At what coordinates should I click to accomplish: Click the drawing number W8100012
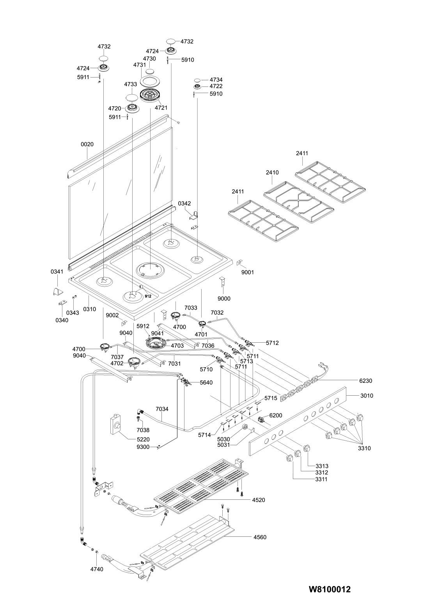tap(330, 589)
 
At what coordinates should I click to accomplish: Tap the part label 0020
tap(87, 144)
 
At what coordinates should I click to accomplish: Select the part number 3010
tap(367, 395)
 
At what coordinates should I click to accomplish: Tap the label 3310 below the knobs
tap(364, 448)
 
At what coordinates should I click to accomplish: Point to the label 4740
tap(96, 569)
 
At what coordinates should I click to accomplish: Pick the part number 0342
tap(184, 204)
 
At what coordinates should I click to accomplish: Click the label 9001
tap(247, 272)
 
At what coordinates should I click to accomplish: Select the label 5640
tap(206, 382)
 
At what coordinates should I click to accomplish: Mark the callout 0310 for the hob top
tap(89, 309)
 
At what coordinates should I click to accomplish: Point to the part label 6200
tap(275, 416)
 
